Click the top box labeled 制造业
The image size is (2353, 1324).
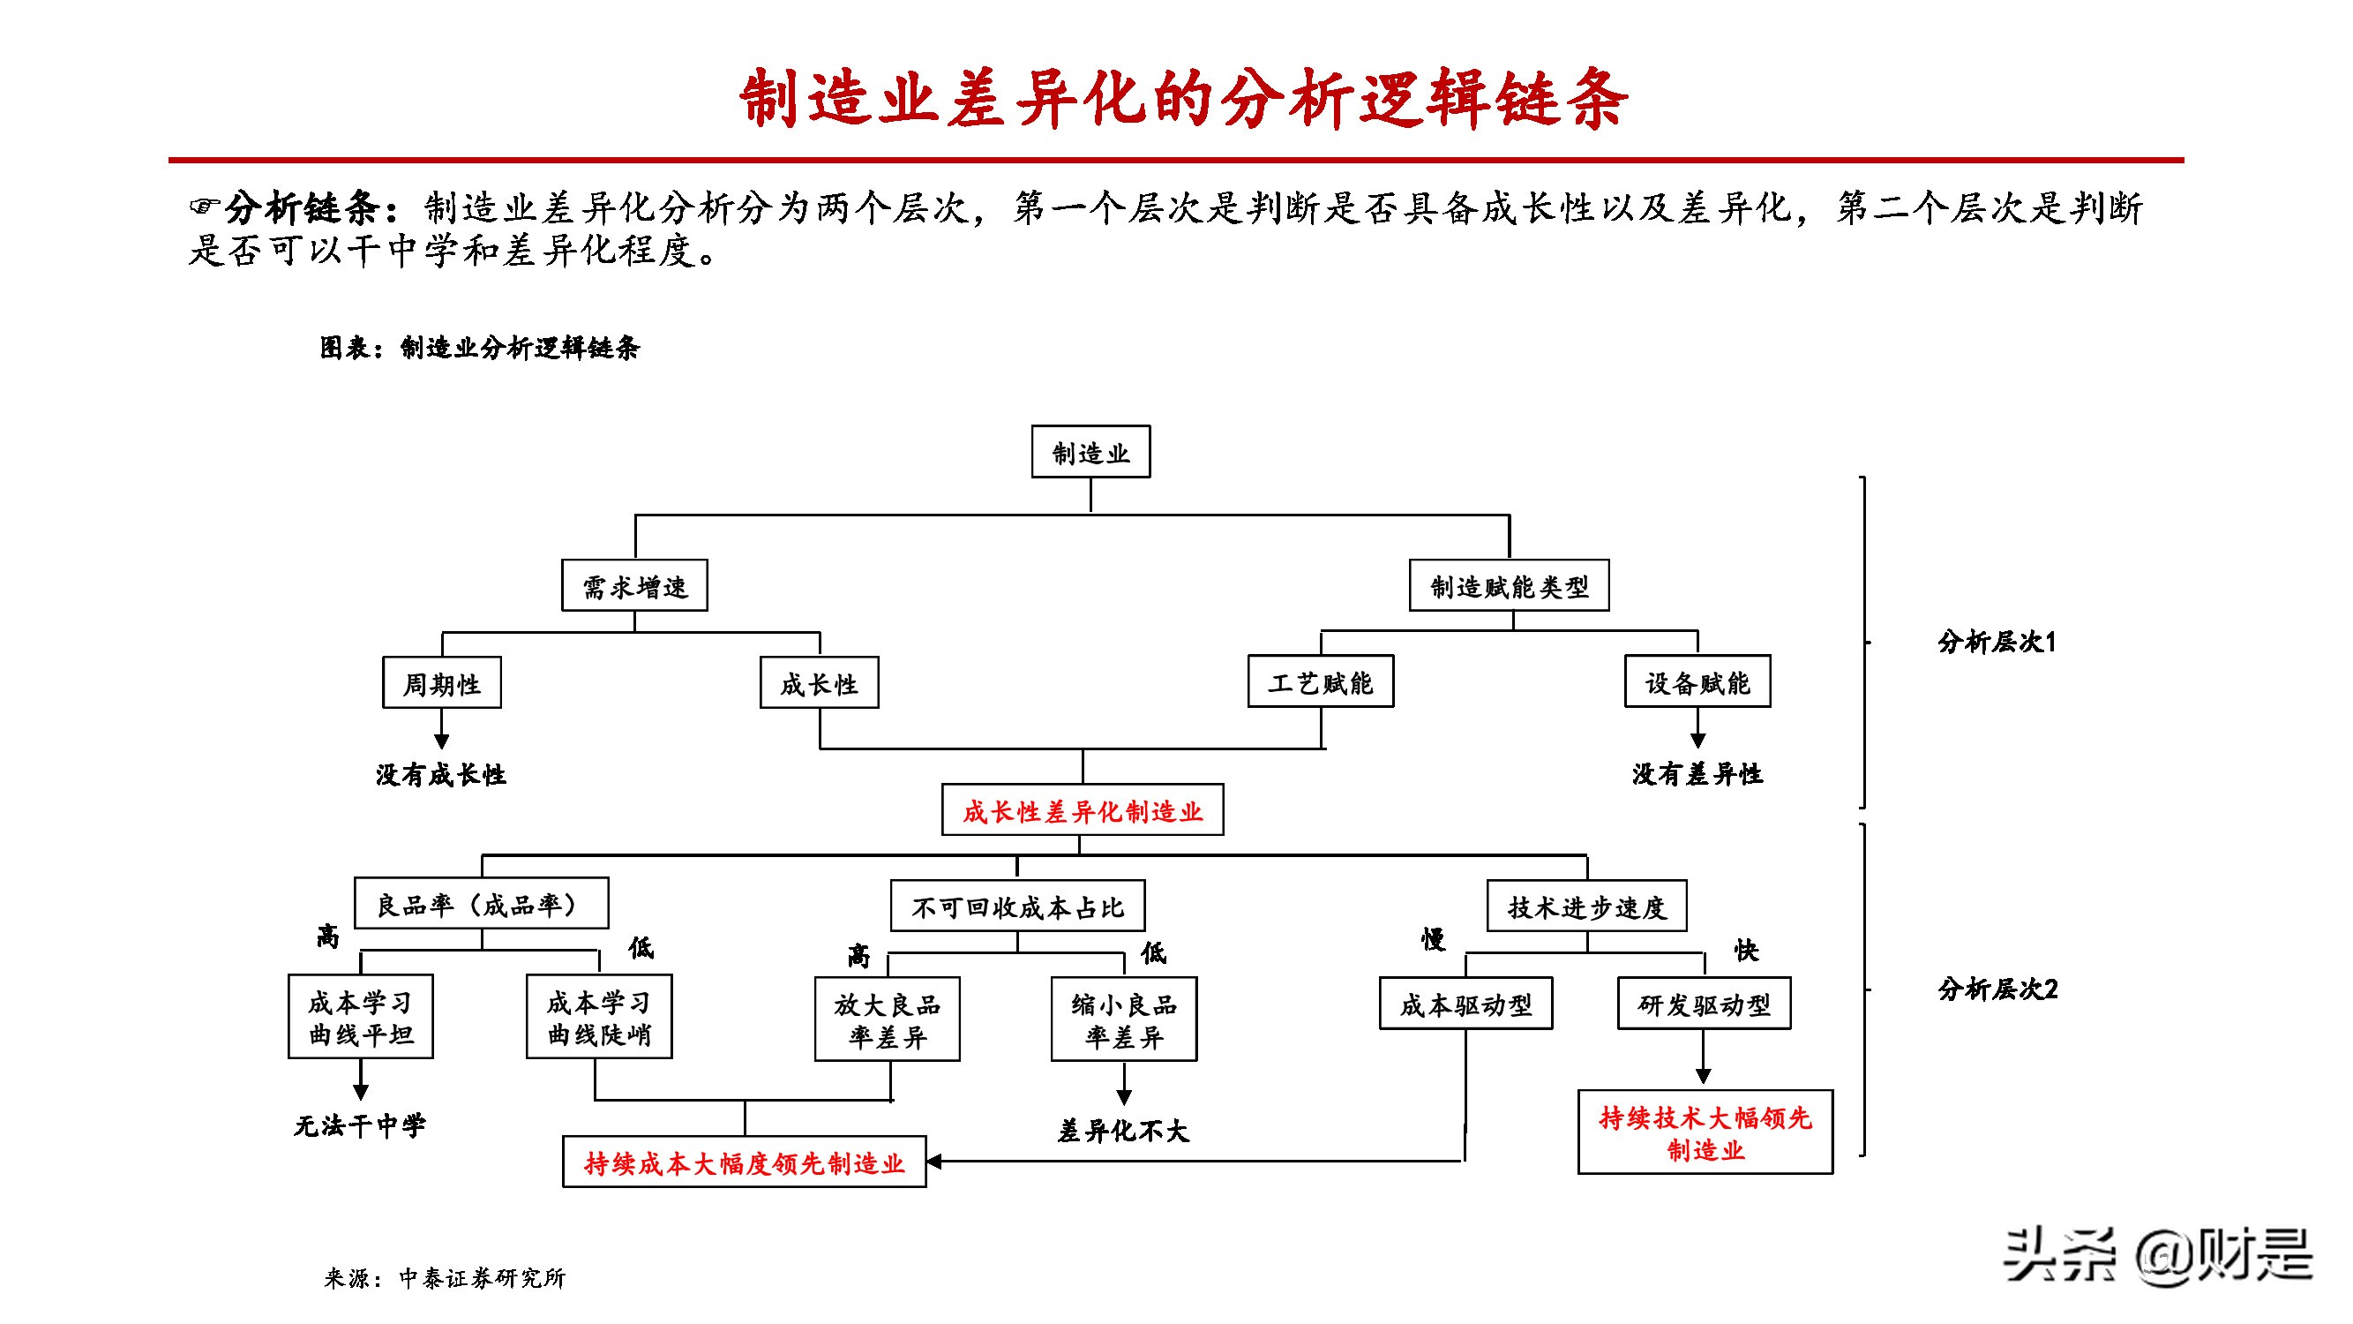point(1090,451)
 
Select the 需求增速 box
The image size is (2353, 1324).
point(634,586)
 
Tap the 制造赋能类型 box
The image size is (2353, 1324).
point(1508,586)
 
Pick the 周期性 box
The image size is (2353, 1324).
point(441,682)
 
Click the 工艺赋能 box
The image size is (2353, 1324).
point(1320,681)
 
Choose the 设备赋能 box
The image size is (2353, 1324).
point(1697,681)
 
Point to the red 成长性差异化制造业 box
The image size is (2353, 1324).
point(1082,809)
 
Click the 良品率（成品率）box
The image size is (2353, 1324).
point(481,904)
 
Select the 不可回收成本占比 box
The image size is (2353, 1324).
point(1016,906)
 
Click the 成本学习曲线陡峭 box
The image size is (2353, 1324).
point(598,1017)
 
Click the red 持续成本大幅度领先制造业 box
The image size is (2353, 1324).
point(744,1162)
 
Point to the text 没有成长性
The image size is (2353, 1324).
point(440,775)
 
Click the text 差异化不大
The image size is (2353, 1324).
point(1122,1132)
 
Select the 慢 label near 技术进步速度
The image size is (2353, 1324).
point(1432,939)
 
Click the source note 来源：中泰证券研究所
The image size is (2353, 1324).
point(445,1277)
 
